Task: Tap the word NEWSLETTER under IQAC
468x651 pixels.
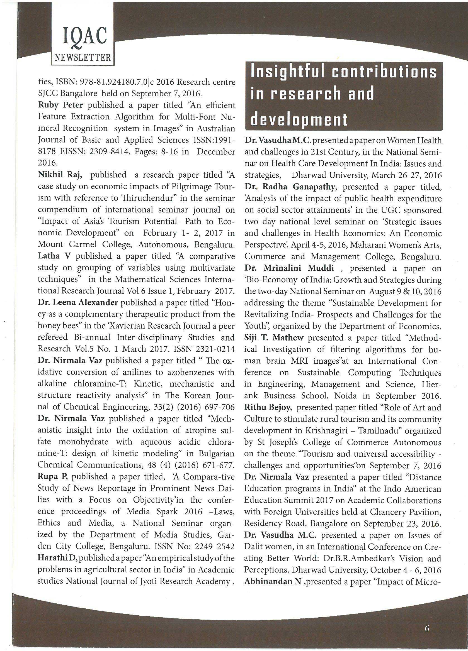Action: coord(83,58)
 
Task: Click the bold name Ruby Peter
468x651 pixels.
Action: coord(60,105)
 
